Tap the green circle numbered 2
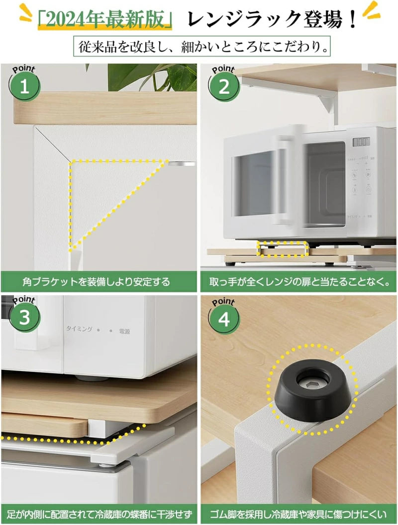tap(224, 87)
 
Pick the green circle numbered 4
tap(224, 320)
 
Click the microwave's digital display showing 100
tap(361, 142)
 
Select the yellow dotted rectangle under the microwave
tap(282, 249)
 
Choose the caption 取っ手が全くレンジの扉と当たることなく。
tap(298, 282)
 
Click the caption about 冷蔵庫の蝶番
tap(99, 514)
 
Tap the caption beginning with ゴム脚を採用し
tap(298, 514)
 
